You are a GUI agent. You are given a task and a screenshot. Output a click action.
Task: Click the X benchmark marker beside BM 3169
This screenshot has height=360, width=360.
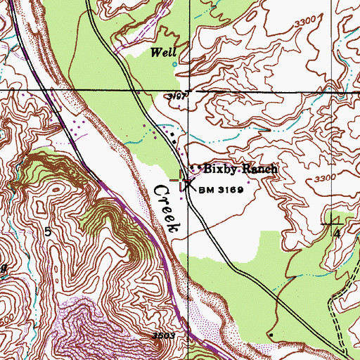tap(188, 184)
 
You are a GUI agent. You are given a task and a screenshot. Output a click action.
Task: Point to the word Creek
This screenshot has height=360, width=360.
tap(165, 209)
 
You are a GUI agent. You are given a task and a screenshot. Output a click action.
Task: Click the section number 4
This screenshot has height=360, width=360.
tap(337, 233)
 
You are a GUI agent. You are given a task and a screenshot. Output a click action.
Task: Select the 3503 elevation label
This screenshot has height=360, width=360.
tap(164, 337)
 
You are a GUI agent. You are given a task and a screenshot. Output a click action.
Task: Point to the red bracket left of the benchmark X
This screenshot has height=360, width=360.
tap(176, 181)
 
